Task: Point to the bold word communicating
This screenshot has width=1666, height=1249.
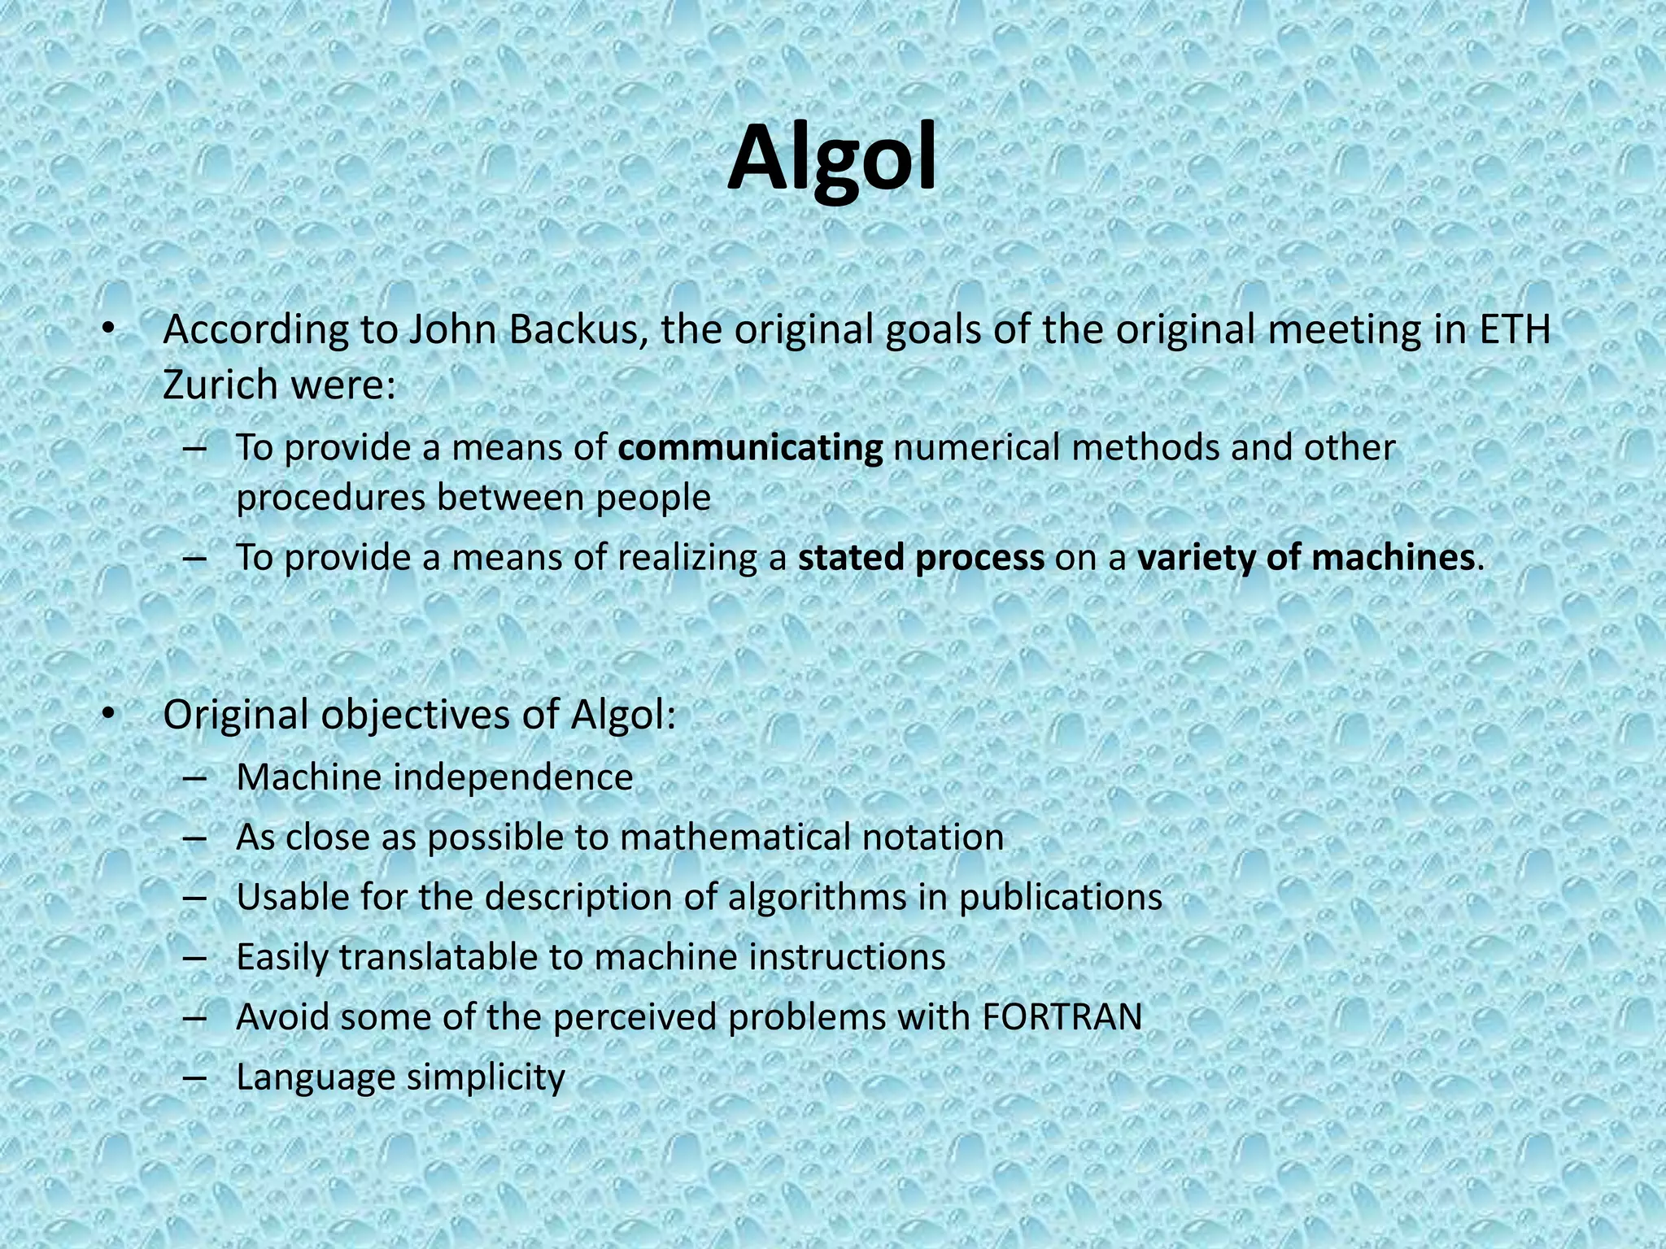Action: click(750, 448)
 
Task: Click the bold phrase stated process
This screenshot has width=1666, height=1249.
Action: click(921, 558)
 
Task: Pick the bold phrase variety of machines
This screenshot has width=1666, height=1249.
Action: click(1306, 558)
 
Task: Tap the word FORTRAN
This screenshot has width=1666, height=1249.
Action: click(1062, 1017)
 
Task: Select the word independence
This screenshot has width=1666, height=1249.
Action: click(513, 777)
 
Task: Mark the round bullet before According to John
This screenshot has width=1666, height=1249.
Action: click(108, 330)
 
